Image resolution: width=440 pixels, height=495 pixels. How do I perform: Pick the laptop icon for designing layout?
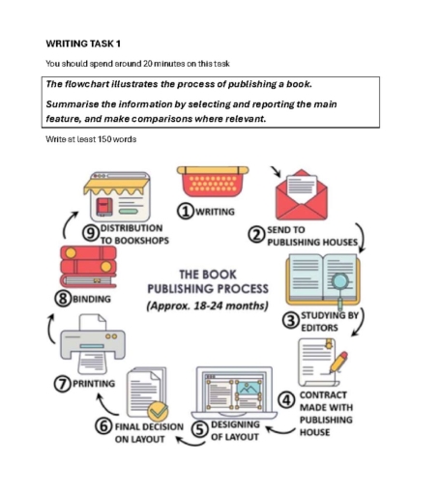click(x=234, y=392)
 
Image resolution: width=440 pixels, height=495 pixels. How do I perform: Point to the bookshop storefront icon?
click(x=115, y=195)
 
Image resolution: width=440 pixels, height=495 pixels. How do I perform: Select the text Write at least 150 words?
click(x=91, y=139)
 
